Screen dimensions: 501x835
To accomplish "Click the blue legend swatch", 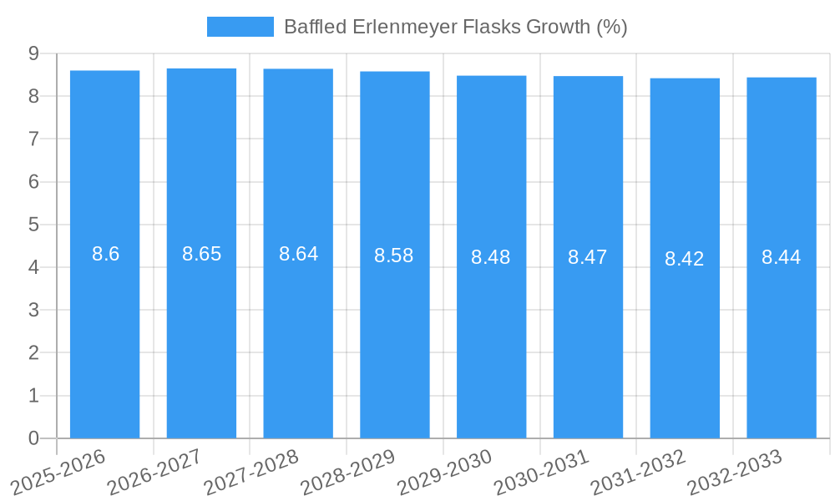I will pyautogui.click(x=240, y=27).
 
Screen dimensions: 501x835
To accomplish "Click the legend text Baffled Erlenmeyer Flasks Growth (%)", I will pyautogui.click(x=455, y=27).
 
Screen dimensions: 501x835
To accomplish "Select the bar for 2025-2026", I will pyautogui.click(x=104, y=254).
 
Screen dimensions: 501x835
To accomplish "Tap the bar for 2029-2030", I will pyautogui.click(x=491, y=256).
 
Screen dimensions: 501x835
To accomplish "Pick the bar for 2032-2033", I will pyautogui.click(x=781, y=257).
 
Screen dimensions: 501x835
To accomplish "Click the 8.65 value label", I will pyautogui.click(x=201, y=254).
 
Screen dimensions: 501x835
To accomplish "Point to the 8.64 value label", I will pyautogui.click(x=298, y=254).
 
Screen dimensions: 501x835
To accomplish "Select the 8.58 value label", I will pyautogui.click(x=394, y=256).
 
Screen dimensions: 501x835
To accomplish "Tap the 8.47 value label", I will pyautogui.click(x=588, y=257).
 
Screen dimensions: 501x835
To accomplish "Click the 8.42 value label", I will pyautogui.click(x=685, y=259).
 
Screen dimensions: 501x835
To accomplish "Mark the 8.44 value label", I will pyautogui.click(x=781, y=257).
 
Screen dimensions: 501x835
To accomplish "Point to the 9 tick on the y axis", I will pyautogui.click(x=33, y=53).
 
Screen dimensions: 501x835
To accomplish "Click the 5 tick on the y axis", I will pyautogui.click(x=33, y=225).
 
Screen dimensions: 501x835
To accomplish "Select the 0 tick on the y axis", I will pyautogui.click(x=33, y=438).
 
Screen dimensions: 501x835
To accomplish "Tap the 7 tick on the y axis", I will pyautogui.click(x=33, y=139).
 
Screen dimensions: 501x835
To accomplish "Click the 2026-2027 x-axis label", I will pyautogui.click(x=155, y=472).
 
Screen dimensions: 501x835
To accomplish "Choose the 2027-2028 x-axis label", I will pyautogui.click(x=252, y=472).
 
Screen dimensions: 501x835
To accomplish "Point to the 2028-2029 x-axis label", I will pyautogui.click(x=348, y=472).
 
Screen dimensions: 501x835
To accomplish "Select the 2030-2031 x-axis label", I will pyautogui.click(x=542, y=472).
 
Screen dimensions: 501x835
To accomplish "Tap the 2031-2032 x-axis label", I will pyautogui.click(x=638, y=472).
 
